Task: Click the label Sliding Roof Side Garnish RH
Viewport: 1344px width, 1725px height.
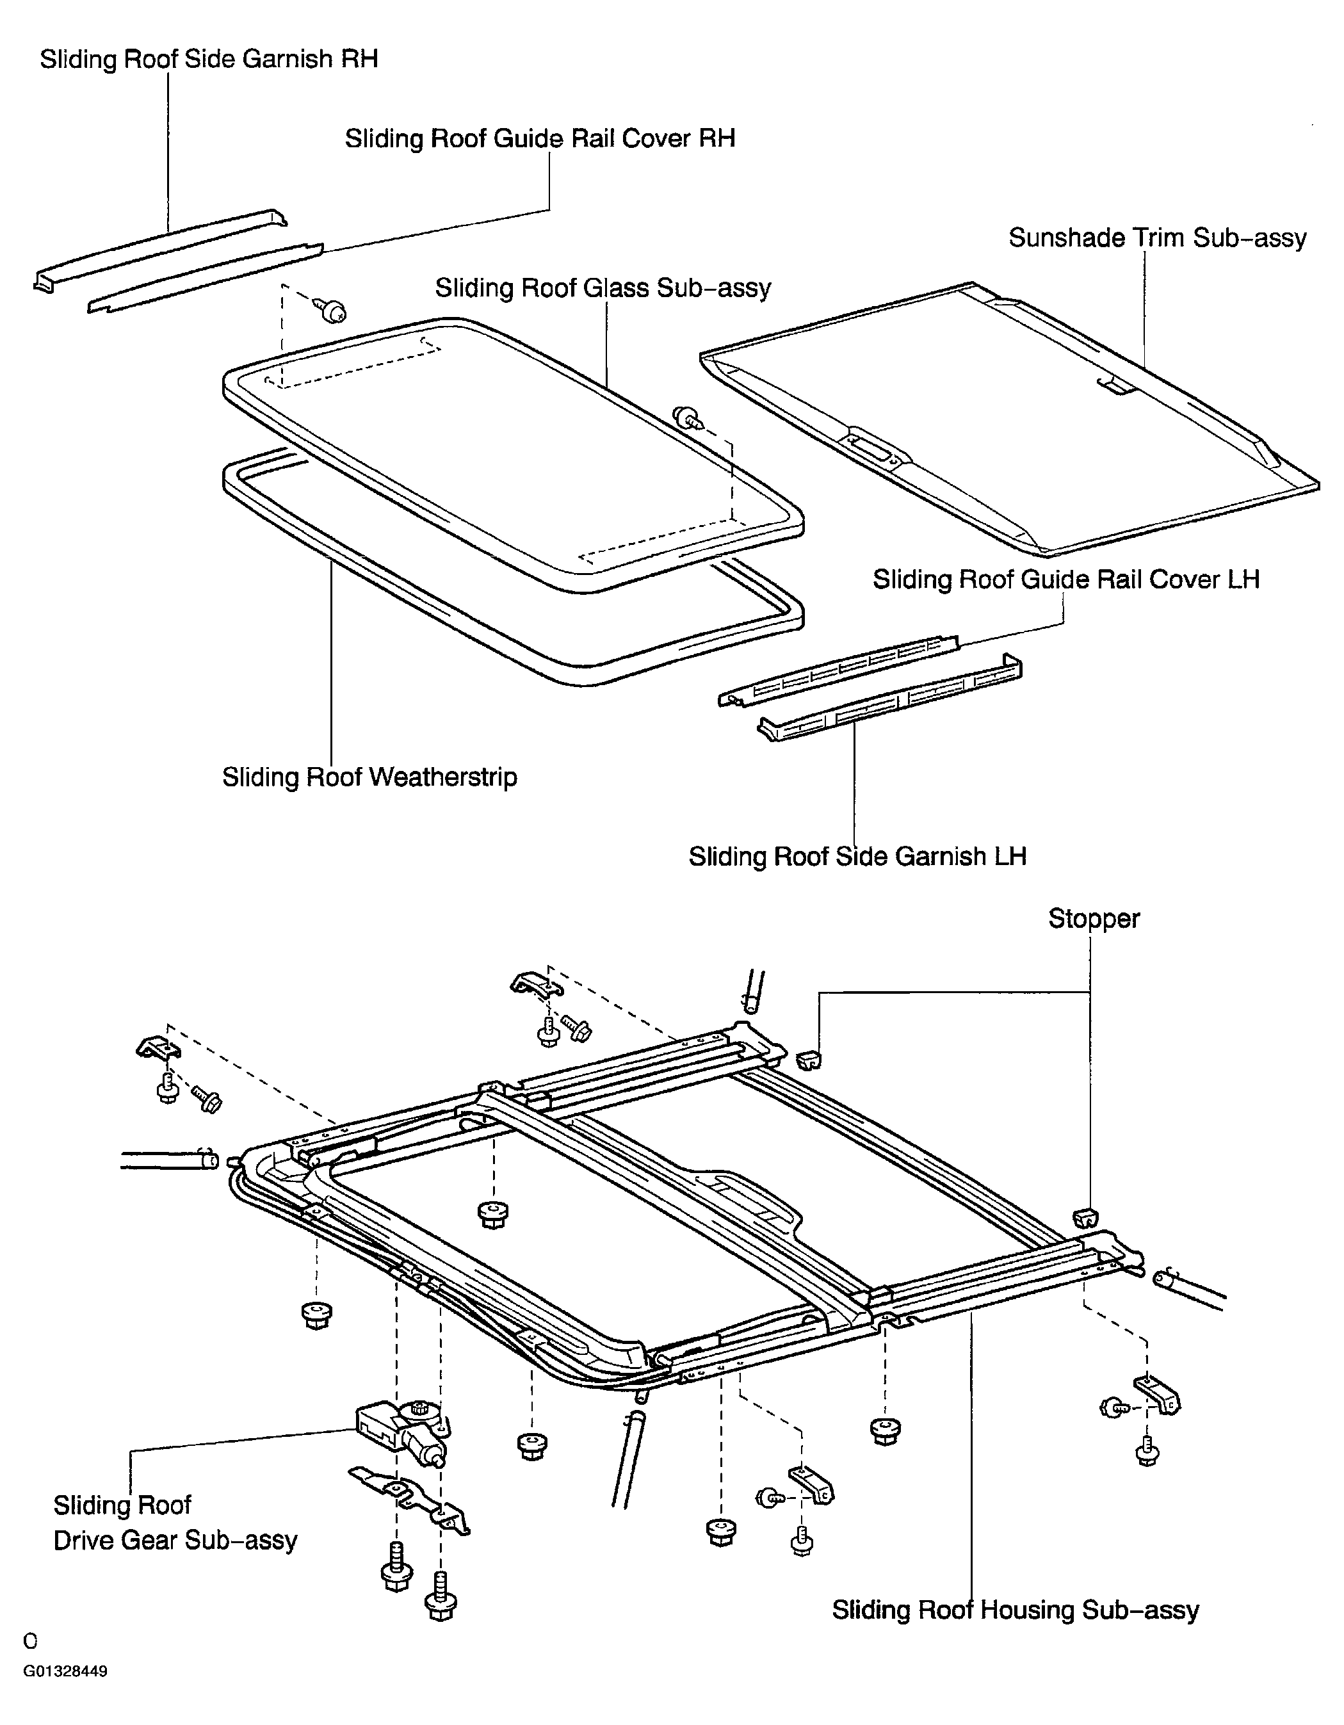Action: (209, 60)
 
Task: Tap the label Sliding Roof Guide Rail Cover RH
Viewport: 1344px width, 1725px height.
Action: (540, 138)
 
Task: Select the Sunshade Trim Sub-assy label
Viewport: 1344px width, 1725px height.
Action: (1158, 238)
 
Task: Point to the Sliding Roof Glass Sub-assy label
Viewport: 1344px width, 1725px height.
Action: (603, 287)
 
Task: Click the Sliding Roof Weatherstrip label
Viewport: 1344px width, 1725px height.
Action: (369, 777)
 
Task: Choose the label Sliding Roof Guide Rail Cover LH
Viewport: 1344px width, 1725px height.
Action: (1066, 579)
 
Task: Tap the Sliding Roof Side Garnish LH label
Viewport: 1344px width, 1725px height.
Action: (857, 856)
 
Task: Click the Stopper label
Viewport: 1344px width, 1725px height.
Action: (1094, 919)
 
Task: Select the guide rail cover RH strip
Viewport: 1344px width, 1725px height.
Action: (206, 278)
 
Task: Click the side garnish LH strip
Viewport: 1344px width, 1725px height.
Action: (890, 697)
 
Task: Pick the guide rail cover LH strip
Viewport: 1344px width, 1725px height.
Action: (839, 670)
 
